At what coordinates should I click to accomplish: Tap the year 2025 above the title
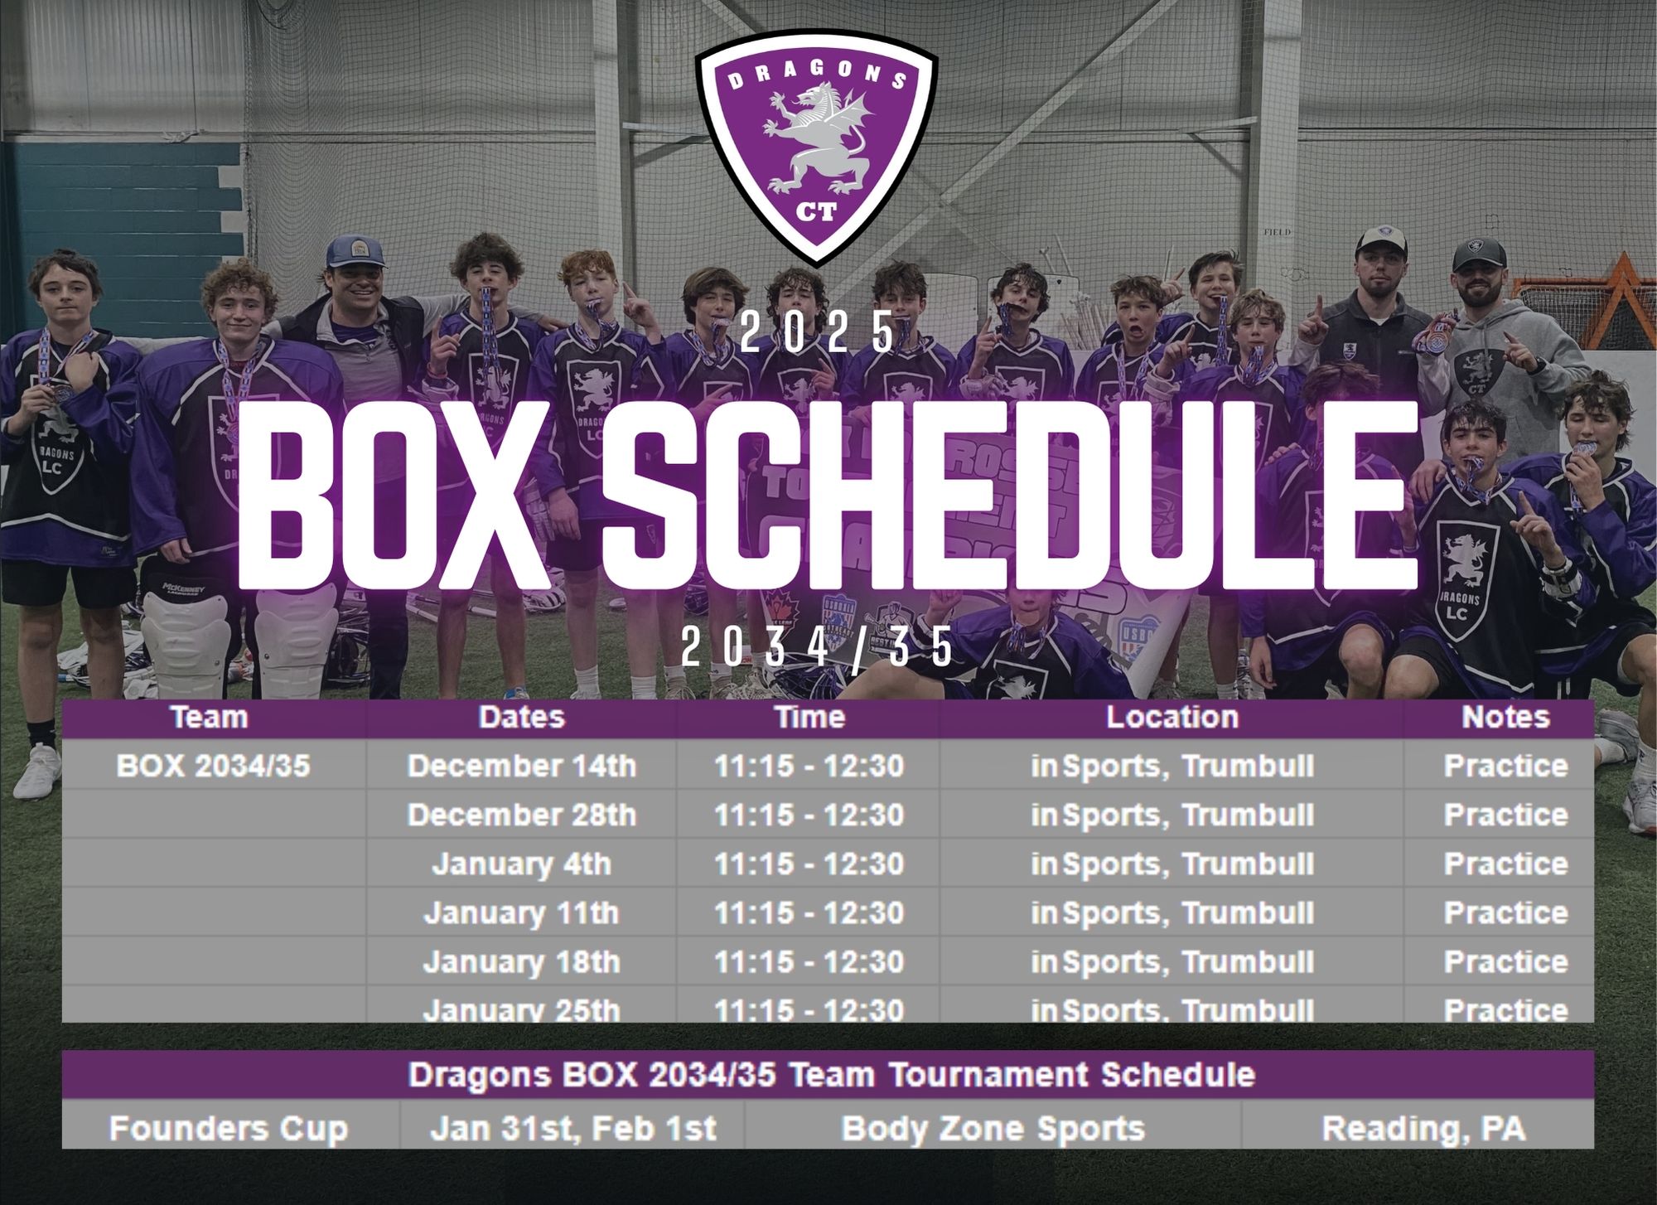pyautogui.click(x=818, y=333)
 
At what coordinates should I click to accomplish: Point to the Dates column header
pyautogui.click(x=521, y=717)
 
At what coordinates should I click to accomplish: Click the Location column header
pyautogui.click(x=1172, y=717)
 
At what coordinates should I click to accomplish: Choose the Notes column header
pyautogui.click(x=1505, y=717)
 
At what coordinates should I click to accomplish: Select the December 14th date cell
pyautogui.click(x=521, y=766)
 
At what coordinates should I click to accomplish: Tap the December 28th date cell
pyautogui.click(x=521, y=815)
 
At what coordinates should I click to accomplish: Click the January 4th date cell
pyautogui.click(x=521, y=864)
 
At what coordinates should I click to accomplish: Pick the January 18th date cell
pyautogui.click(x=521, y=961)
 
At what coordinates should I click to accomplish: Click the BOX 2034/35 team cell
pyautogui.click(x=213, y=766)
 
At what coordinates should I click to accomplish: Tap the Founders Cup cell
pyautogui.click(x=229, y=1129)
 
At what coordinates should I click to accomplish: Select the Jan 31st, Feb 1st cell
pyautogui.click(x=572, y=1128)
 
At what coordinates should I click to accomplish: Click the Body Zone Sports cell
pyautogui.click(x=993, y=1128)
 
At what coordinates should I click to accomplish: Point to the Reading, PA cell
pyautogui.click(x=1423, y=1129)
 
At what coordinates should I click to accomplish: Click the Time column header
pyautogui.click(x=809, y=717)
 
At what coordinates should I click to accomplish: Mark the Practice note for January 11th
pyautogui.click(x=1505, y=912)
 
